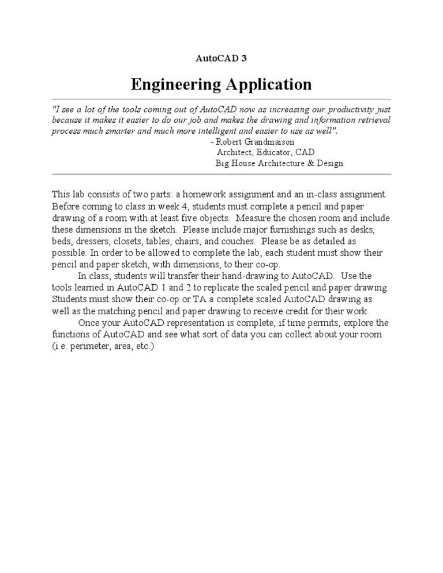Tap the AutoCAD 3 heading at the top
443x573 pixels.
[x=221, y=58]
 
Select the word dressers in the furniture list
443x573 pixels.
[x=94, y=240]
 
